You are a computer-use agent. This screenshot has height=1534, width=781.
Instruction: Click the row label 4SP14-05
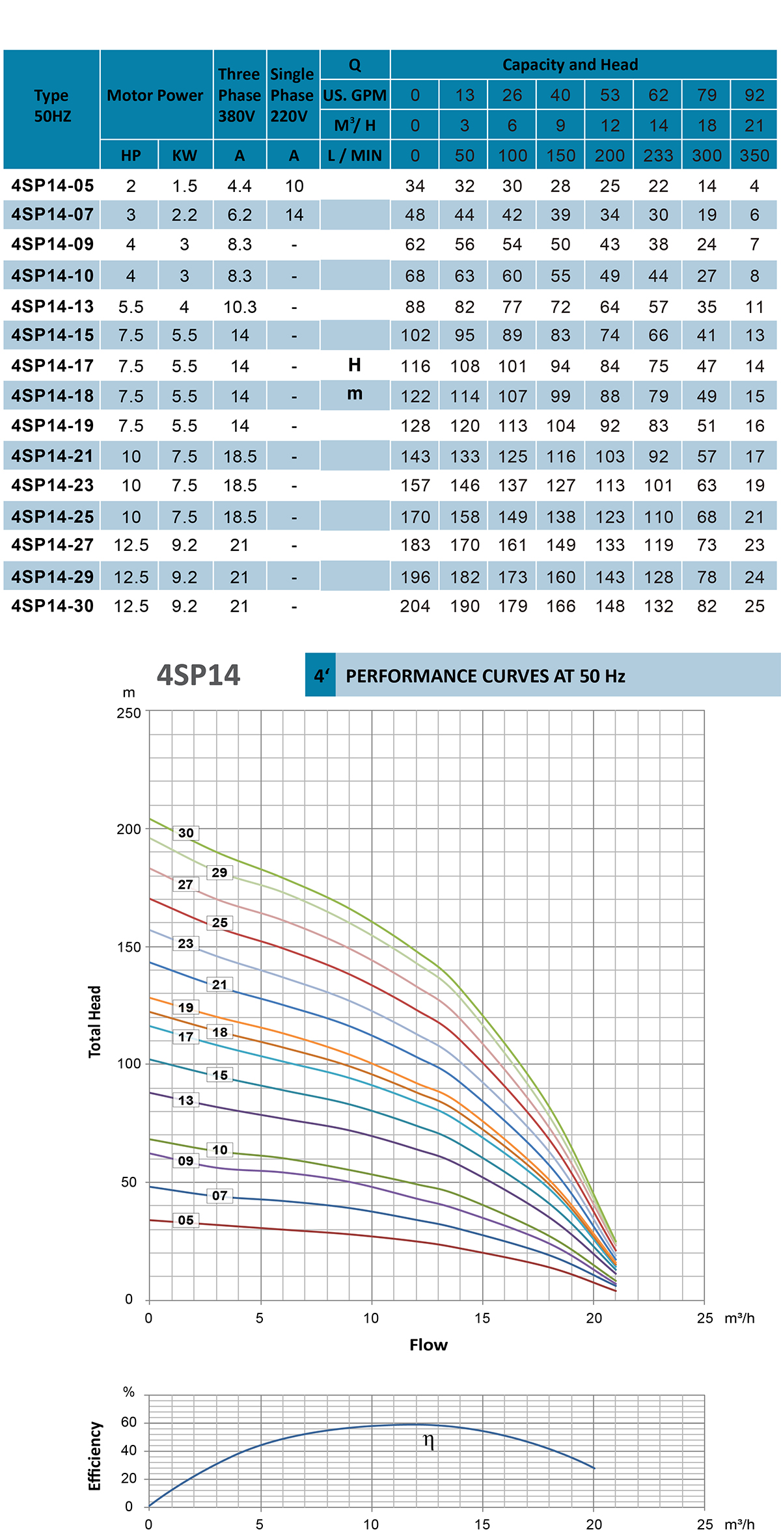coord(52,186)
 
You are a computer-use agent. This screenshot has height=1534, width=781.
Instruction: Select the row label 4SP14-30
coord(52,606)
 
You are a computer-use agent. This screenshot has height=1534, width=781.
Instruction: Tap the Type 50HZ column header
coord(52,106)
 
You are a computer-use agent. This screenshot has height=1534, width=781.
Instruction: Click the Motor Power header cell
coord(156,96)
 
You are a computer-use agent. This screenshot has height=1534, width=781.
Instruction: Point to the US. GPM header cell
coord(355,96)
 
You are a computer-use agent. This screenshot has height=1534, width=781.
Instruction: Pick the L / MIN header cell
coord(355,156)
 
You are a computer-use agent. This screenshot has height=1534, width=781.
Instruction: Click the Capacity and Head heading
coord(570,65)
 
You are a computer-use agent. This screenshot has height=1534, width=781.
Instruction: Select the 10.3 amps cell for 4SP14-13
coord(240,307)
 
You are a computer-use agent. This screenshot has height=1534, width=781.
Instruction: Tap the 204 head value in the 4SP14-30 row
coord(415,606)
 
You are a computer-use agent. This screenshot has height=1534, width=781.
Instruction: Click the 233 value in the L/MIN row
coord(658,156)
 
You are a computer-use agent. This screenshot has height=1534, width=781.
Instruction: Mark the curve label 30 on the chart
coord(186,833)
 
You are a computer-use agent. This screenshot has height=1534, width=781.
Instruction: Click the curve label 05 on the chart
coord(186,1220)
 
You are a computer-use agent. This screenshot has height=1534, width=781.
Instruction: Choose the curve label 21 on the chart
coord(220,985)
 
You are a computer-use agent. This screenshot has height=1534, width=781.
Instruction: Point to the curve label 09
coord(186,1161)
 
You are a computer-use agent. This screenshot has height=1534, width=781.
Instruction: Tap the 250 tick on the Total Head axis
coord(129,713)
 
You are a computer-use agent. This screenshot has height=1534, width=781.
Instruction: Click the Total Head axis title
coord(95,1021)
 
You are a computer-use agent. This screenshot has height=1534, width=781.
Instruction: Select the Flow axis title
coord(428,1345)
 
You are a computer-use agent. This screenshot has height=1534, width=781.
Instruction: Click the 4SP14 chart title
coord(199,675)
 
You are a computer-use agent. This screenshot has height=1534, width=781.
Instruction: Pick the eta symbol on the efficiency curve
coord(428,1440)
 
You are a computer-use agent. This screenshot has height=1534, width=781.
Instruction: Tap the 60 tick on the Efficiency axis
coord(129,1422)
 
